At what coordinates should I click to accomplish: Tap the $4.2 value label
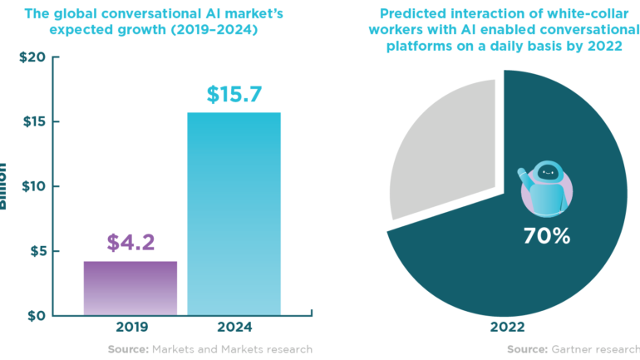coord(130,243)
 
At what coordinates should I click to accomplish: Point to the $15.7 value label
coord(234,94)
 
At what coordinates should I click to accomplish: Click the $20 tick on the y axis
coord(30,57)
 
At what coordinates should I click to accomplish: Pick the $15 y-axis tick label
coord(31,122)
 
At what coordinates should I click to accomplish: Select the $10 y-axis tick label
coord(31,186)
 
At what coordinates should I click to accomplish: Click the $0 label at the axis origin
coord(35,316)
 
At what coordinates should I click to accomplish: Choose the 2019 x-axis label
coord(130,328)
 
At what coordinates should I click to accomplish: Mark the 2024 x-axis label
coord(234,328)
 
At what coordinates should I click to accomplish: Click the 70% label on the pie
coord(547,236)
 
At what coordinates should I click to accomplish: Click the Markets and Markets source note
coord(210,349)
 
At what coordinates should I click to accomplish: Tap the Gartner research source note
coord(574,349)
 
